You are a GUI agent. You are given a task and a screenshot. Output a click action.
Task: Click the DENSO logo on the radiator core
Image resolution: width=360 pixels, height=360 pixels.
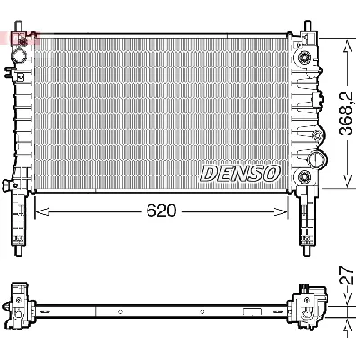239,173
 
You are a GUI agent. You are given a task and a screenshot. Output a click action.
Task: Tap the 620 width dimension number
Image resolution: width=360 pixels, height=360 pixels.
161,211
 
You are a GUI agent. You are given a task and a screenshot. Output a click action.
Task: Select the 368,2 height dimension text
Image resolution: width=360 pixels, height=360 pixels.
347,112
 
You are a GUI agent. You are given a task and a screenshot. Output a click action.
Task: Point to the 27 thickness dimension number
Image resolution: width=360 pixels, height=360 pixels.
347,275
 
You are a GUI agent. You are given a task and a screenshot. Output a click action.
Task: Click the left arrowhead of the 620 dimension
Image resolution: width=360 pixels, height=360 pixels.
41,211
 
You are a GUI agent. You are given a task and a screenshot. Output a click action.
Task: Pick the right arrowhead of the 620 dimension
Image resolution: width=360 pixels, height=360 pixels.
281,211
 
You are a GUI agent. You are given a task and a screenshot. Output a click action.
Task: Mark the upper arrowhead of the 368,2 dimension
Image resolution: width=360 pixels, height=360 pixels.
347,46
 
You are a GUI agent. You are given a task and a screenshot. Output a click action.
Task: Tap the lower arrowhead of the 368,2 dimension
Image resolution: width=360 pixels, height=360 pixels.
347,182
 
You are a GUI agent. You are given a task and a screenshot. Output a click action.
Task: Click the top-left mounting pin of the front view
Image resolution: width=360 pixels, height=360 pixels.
19,26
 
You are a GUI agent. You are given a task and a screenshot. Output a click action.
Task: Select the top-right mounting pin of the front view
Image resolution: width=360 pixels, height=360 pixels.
308,26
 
